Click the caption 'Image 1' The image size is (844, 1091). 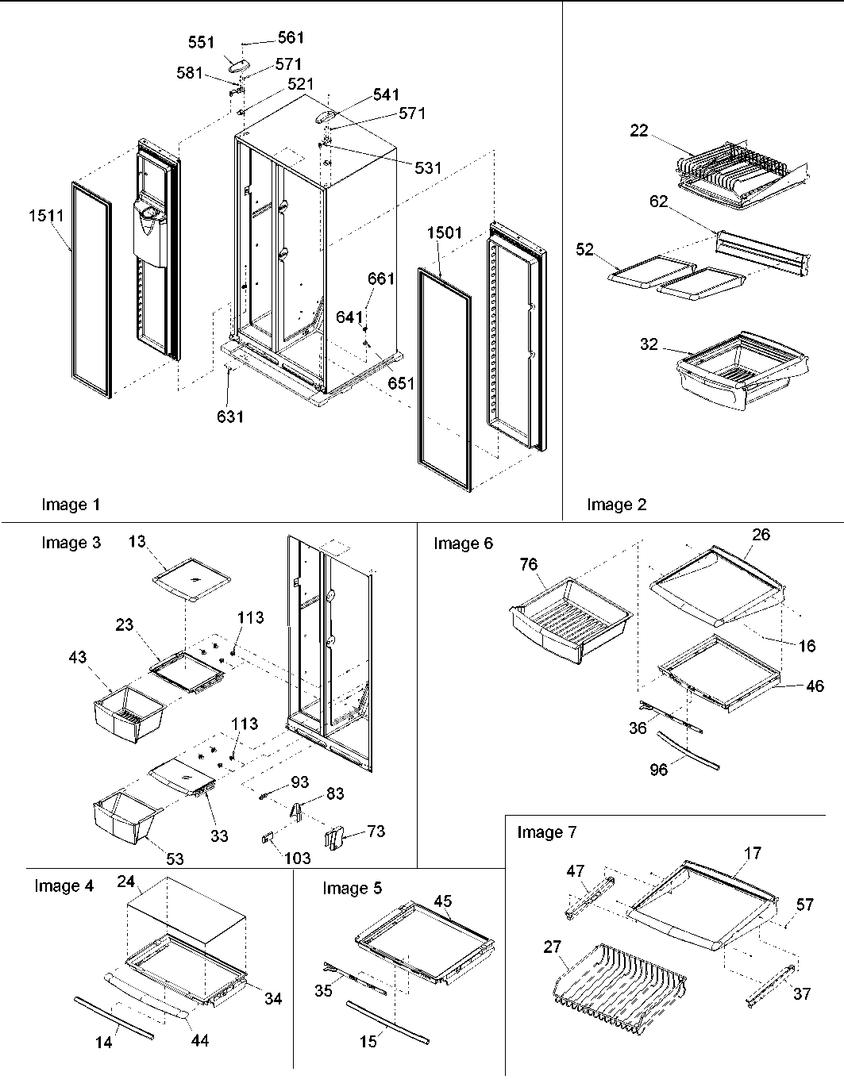coord(71,505)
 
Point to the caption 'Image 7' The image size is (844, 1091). coord(546,832)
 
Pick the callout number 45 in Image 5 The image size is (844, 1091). coord(443,901)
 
